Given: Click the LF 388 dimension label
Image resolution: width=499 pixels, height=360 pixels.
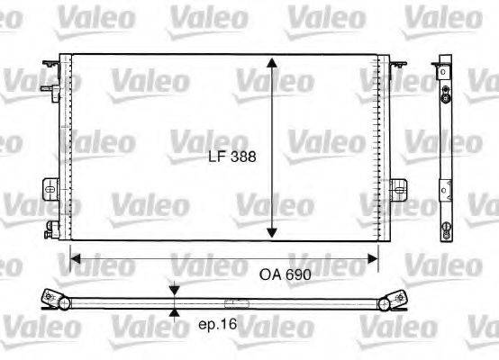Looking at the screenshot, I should coord(231,156).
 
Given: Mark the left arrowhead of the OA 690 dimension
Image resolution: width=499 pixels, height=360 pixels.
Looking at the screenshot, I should coord(76,258).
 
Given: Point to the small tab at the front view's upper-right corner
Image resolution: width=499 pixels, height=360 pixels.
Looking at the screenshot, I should coord(397,62).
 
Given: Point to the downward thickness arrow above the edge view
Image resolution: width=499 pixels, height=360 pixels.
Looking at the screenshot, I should coord(174,291).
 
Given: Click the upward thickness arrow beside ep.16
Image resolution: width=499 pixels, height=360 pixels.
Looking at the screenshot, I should coord(174,313).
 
